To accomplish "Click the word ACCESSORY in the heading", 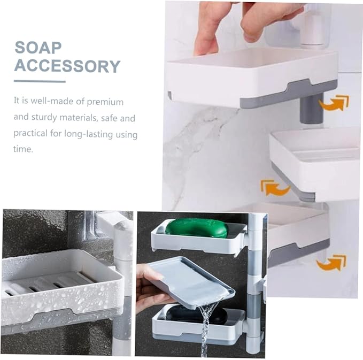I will tap(67, 66).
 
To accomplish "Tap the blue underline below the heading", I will tap(40, 81).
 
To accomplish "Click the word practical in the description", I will tap(31, 134).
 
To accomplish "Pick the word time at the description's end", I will tap(23, 150).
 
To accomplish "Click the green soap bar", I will tap(196, 227).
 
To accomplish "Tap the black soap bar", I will tap(196, 315).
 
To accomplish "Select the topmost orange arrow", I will tap(333, 103).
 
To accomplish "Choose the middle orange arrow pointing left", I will tap(274, 187).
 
